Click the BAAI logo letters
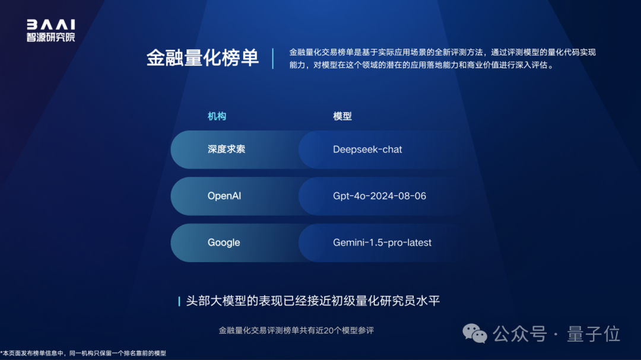50,25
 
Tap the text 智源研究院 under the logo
50,37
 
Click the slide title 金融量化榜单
202,58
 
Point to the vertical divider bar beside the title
273,58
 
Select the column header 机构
217,116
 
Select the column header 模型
342,116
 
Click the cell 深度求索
226,149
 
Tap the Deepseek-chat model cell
367,149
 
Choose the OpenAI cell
224,196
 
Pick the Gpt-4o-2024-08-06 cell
379,196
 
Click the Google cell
224,243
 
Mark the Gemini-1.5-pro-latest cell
382,243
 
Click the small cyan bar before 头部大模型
179,301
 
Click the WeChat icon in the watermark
475,334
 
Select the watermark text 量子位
594,334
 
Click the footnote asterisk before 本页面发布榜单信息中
2,353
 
